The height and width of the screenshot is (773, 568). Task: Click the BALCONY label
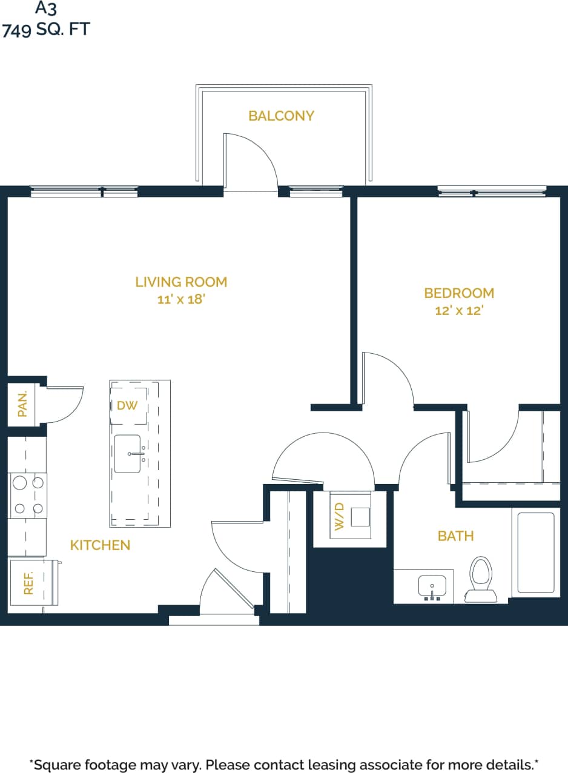tap(281, 116)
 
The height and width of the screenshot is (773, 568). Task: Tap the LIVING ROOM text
tap(181, 282)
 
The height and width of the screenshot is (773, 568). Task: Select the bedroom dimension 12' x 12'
tap(459, 311)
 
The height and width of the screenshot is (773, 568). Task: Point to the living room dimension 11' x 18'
tap(181, 299)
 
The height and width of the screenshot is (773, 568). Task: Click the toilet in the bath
tap(480, 579)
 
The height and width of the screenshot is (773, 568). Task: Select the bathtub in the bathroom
tap(535, 552)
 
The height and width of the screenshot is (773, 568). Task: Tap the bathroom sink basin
tap(432, 586)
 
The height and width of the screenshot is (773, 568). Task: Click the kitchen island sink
tap(128, 454)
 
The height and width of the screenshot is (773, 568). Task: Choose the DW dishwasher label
tap(127, 405)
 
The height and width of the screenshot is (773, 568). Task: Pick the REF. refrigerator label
tap(28, 583)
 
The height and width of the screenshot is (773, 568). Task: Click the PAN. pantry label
tap(23, 403)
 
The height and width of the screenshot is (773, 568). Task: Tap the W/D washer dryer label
tap(339, 516)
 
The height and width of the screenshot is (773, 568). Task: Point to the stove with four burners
tap(28, 495)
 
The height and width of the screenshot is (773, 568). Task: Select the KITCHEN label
tap(100, 545)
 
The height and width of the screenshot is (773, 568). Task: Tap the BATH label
tap(455, 536)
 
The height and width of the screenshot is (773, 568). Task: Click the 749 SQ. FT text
tap(45, 29)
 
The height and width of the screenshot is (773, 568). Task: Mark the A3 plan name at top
tap(45, 8)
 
